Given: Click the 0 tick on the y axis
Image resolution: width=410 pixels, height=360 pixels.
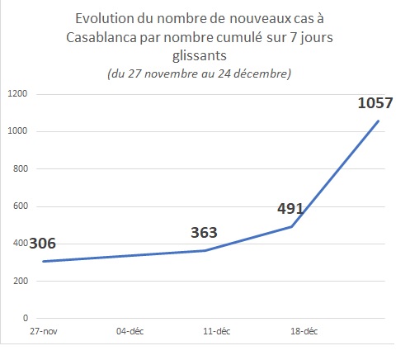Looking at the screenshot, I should tap(26, 318).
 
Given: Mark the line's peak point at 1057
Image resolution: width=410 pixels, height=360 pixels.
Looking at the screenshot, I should tap(379, 121).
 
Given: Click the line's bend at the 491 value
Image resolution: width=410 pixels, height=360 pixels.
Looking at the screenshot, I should tap(292, 226).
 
